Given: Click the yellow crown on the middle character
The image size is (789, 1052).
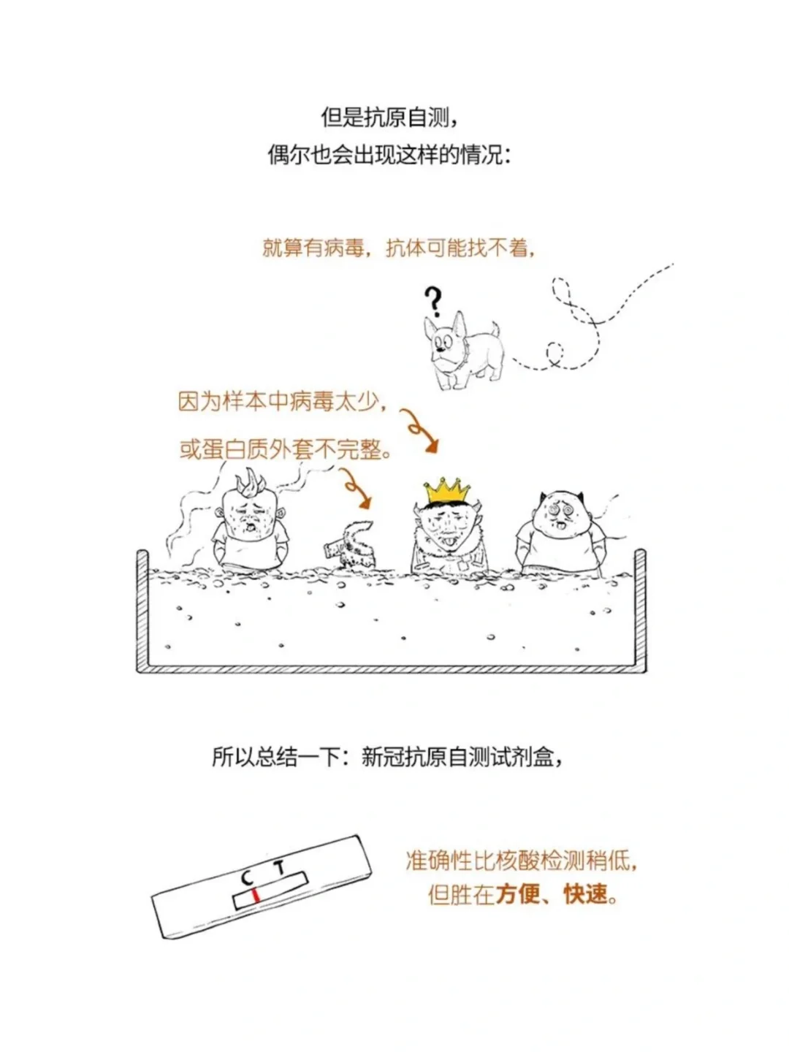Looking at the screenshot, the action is pos(447,489).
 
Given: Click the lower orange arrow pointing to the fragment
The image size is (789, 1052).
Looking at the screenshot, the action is pos(355,487).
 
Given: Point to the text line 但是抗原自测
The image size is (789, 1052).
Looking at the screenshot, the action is pos(390,118).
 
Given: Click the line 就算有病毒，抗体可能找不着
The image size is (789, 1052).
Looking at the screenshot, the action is pos(398,248).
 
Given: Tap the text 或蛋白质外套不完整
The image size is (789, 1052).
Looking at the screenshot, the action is pos(286,449).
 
